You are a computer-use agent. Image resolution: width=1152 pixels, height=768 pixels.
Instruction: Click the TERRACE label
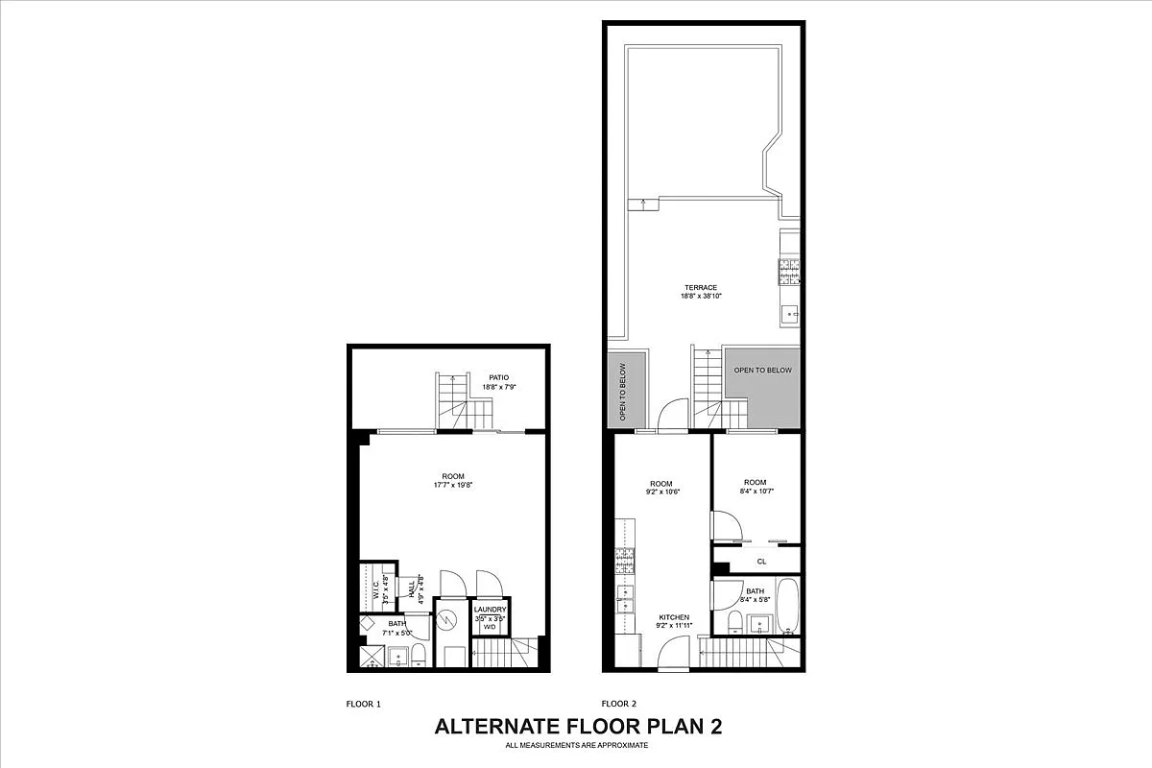coord(701,287)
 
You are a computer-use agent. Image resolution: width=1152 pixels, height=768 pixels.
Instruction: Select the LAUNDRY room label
coord(490,610)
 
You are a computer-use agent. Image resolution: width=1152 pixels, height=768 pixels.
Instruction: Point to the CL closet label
coord(761,562)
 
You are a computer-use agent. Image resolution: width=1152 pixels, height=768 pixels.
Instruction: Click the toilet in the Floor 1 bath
coord(419,658)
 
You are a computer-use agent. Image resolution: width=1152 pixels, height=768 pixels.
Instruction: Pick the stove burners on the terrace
coord(789,272)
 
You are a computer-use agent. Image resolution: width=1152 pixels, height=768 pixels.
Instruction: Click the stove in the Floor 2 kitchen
coord(625,562)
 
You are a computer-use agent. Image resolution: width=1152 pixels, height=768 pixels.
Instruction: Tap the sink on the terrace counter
coord(789,313)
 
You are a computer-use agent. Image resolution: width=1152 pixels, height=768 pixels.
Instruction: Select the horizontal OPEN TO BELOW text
coord(763,371)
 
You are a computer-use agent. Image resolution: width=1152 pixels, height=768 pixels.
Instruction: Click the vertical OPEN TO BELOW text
coord(622,392)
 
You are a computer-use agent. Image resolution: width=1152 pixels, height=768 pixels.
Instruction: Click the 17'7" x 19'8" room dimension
coord(453,486)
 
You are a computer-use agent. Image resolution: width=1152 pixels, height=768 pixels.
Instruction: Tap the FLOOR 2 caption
coord(619,704)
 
